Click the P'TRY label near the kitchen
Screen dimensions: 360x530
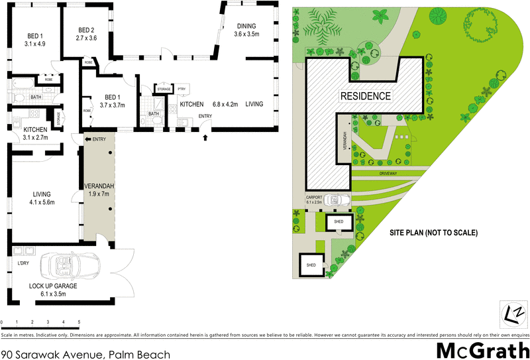(x=182, y=89)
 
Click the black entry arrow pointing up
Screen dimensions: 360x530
(x=205, y=138)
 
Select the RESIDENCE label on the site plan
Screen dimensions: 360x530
(x=365, y=95)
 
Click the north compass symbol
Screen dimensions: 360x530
(x=513, y=314)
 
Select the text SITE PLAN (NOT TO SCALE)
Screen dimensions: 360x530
(x=433, y=233)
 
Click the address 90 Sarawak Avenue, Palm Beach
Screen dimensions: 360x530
(x=85, y=354)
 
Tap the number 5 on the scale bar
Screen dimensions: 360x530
(x=79, y=322)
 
